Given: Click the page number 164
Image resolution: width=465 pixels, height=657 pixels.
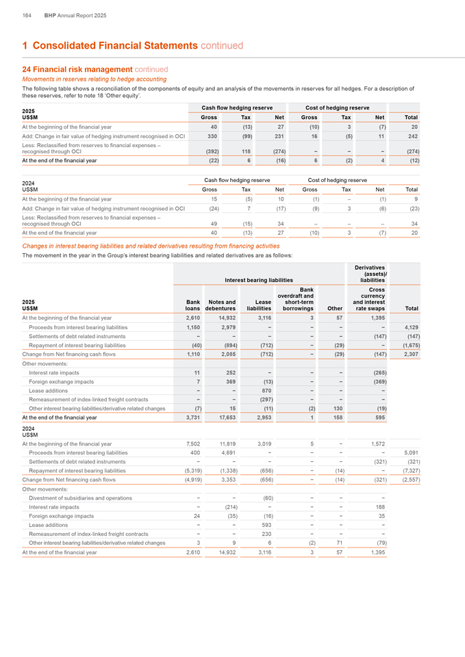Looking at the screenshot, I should coord(27,15).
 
